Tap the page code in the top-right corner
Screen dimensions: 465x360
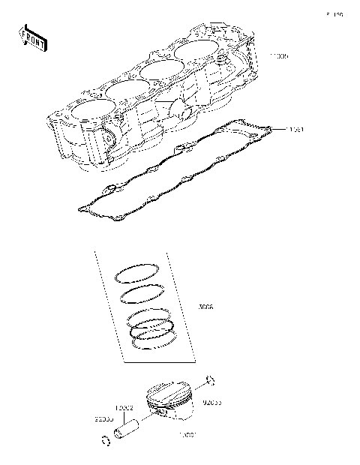click(x=334, y=14)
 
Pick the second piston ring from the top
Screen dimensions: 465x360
click(x=142, y=293)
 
